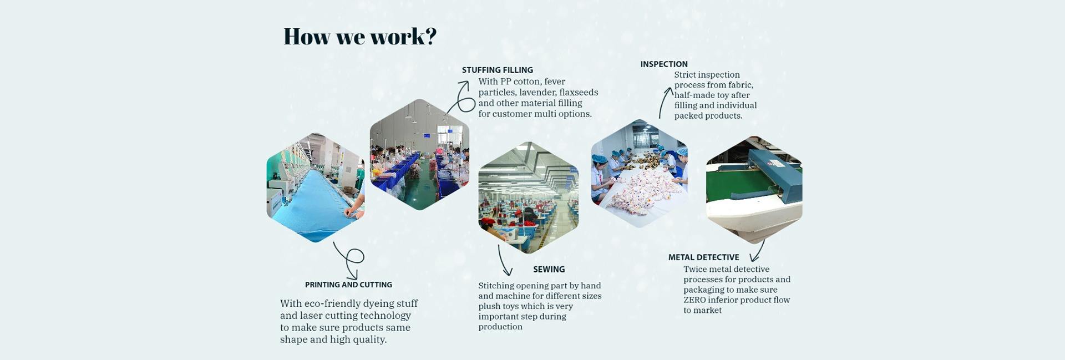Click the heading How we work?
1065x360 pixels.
click(360, 37)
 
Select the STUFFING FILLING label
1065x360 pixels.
click(498, 70)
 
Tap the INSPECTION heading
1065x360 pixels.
click(664, 64)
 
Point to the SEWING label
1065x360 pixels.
click(549, 269)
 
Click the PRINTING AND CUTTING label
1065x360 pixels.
click(348, 285)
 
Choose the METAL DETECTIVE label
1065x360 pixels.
click(703, 257)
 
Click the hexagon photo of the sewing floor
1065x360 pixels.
click(528, 197)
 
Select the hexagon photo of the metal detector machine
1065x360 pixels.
click(754, 190)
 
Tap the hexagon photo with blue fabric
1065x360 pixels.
click(316, 187)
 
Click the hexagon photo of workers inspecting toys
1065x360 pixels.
click(640, 173)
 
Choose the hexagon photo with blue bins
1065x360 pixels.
click(419, 155)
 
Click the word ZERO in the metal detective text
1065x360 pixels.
click(694, 300)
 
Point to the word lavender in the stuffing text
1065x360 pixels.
click(537, 93)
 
